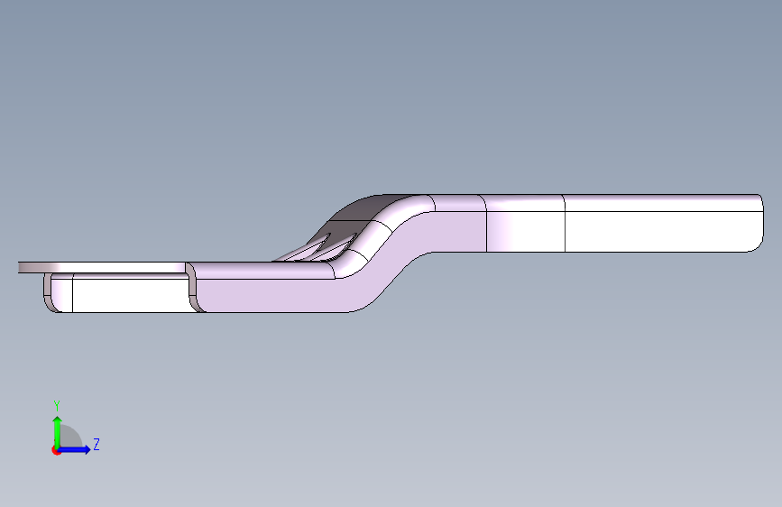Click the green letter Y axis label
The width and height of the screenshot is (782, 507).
click(57, 406)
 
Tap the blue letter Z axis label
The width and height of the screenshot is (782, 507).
click(97, 444)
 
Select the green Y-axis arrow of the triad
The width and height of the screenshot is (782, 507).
click(57, 432)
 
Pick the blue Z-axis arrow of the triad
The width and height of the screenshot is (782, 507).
click(73, 449)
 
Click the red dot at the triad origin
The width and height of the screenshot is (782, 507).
click(56, 450)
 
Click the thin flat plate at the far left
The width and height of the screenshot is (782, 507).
click(102, 267)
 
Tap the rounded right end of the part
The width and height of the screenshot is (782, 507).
click(758, 223)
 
